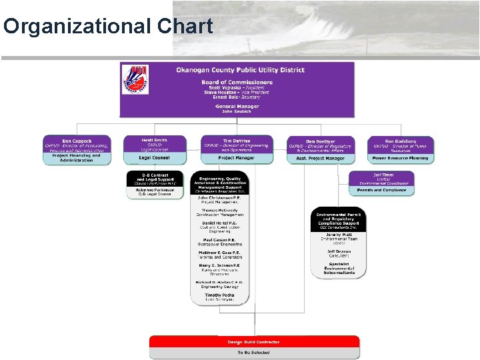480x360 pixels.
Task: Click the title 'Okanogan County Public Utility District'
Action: pos(240,70)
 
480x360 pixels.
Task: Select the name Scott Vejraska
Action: pos(224,87)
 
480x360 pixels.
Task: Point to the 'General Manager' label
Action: pos(237,107)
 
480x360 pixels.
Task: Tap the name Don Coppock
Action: pos(77,141)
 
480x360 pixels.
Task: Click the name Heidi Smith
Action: pos(154,140)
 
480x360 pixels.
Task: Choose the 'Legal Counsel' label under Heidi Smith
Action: pos(154,158)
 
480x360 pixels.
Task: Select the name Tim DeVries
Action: pos(237,141)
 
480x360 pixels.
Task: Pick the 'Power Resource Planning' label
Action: pos(400,158)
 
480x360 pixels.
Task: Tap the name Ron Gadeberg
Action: pos(400,141)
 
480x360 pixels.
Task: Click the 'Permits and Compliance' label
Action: pos(381,190)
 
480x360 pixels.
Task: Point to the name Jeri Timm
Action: pos(383,175)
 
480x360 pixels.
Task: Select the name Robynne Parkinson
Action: pos(154,189)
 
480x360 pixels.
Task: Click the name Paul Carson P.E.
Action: pos(220,240)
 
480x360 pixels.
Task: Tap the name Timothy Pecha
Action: pos(220,295)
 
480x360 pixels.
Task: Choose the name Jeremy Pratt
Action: pos(339,234)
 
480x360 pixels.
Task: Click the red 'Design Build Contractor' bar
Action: pos(254,342)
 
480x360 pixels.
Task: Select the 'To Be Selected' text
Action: pos(254,352)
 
